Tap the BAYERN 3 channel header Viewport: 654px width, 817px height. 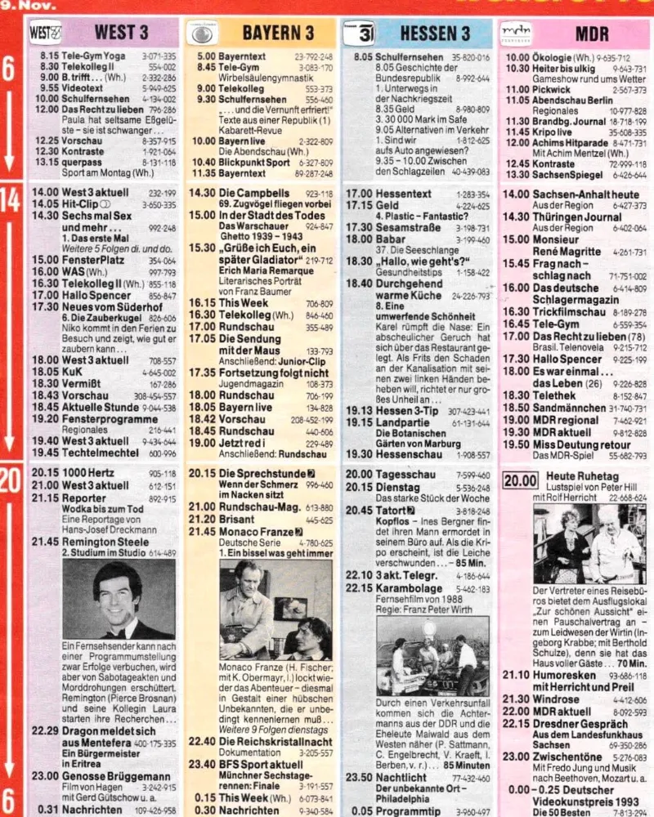coord(279,33)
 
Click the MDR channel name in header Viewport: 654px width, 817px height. coord(591,33)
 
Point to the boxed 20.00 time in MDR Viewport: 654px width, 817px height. coord(520,481)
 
